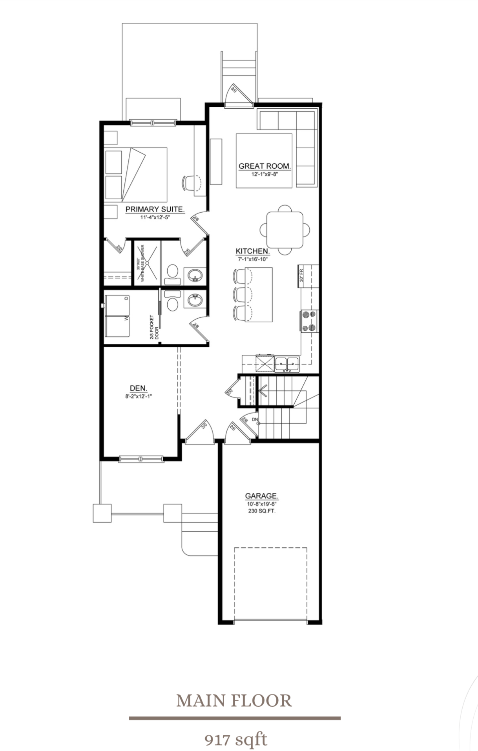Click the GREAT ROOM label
265,166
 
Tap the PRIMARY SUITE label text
155,209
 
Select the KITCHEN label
252,251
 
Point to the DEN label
139,388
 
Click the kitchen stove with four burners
309,321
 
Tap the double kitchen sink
287,363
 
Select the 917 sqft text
235,740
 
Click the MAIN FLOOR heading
234,701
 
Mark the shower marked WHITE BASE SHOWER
147,262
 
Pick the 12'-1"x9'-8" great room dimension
265,174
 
